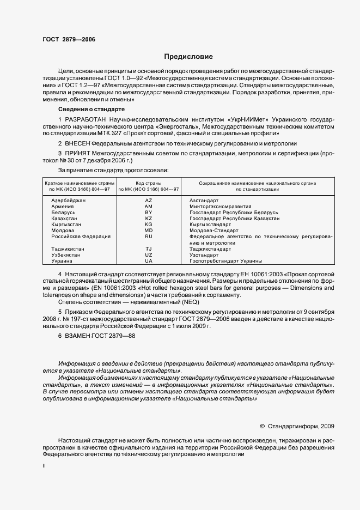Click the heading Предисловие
tap(189, 57)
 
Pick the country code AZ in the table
tap(149, 201)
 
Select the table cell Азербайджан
tap(68, 201)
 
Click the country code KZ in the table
tap(149, 218)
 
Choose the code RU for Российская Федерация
tap(149, 236)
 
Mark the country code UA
tap(149, 260)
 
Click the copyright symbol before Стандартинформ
tap(263, 426)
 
